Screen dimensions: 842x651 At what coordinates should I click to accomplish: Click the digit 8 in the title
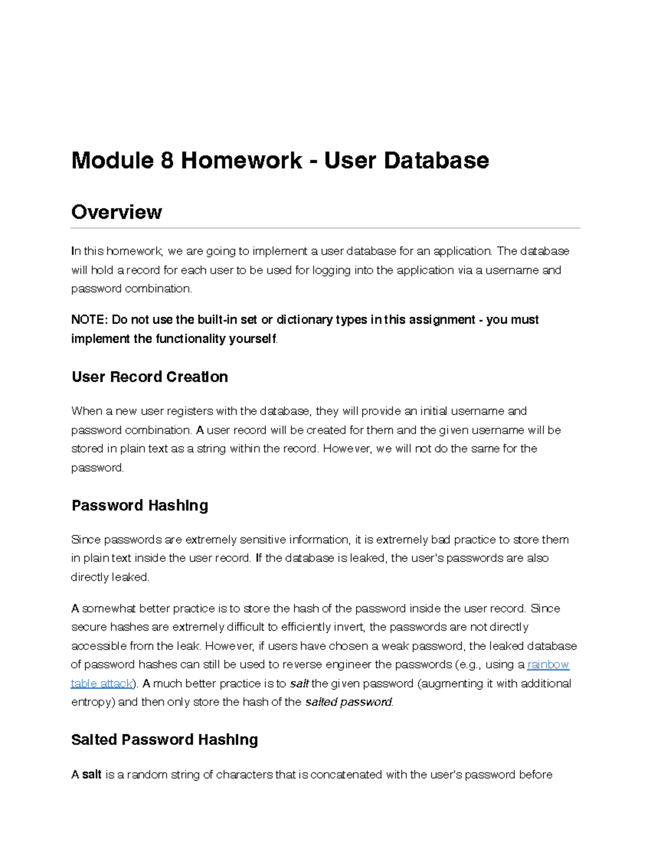click(167, 160)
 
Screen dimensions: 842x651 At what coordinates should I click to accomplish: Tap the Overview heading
click(116, 212)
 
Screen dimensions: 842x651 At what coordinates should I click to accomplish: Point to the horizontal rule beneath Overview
click(325, 228)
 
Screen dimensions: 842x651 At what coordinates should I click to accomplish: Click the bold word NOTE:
click(90, 320)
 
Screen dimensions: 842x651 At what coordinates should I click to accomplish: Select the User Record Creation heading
click(149, 377)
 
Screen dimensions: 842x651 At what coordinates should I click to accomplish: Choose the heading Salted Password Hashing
click(164, 740)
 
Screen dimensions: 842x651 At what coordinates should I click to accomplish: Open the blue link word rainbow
click(548, 665)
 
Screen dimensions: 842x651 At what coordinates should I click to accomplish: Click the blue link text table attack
click(101, 684)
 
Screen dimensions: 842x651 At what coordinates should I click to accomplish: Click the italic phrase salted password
click(348, 702)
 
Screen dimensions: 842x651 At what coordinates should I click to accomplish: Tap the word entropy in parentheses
click(90, 702)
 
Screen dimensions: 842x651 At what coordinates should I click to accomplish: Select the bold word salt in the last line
click(92, 775)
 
